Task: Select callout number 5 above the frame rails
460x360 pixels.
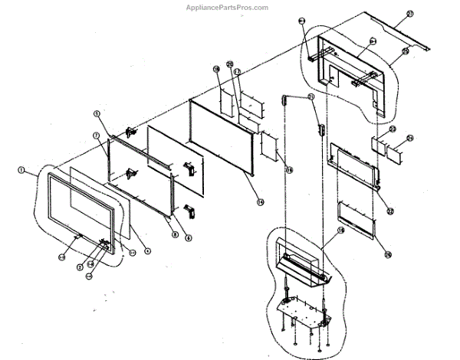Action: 97,114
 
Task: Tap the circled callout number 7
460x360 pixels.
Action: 97,136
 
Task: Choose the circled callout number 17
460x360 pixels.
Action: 238,72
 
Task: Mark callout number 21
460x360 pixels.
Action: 310,97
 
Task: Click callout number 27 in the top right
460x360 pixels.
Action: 409,15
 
